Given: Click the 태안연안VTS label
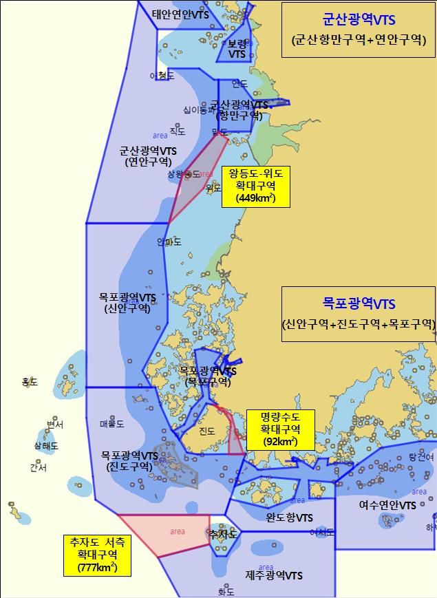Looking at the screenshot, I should point(180,14).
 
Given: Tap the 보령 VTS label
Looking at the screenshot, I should point(237,48).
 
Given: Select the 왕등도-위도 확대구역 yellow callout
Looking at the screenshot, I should point(255,186).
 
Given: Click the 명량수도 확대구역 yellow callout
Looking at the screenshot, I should point(279,429).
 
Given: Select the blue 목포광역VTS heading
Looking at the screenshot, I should point(359,302).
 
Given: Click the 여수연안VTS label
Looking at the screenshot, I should point(387,504).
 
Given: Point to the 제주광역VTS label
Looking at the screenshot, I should point(274,575).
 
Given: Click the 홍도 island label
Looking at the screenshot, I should point(30,381).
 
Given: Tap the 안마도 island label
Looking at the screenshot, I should point(169,242).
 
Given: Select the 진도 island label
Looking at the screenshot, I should point(206,431).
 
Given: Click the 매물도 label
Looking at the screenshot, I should point(111,424).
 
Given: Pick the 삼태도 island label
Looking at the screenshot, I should point(46,446).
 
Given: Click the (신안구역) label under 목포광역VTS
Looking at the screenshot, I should point(127,309).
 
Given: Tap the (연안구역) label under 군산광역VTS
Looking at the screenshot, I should point(147,162).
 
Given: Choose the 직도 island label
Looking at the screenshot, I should point(178,131).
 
